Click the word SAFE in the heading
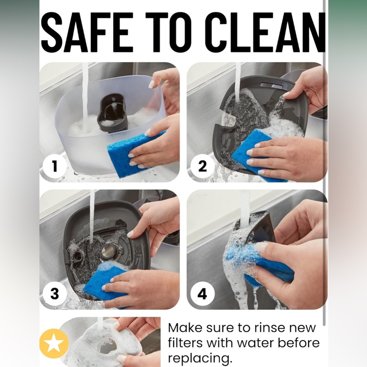(x=87, y=32)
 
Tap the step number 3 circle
(x=55, y=293)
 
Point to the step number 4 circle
(x=202, y=293)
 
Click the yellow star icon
(x=54, y=344)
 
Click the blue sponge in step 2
(x=255, y=155)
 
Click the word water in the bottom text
(x=256, y=343)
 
